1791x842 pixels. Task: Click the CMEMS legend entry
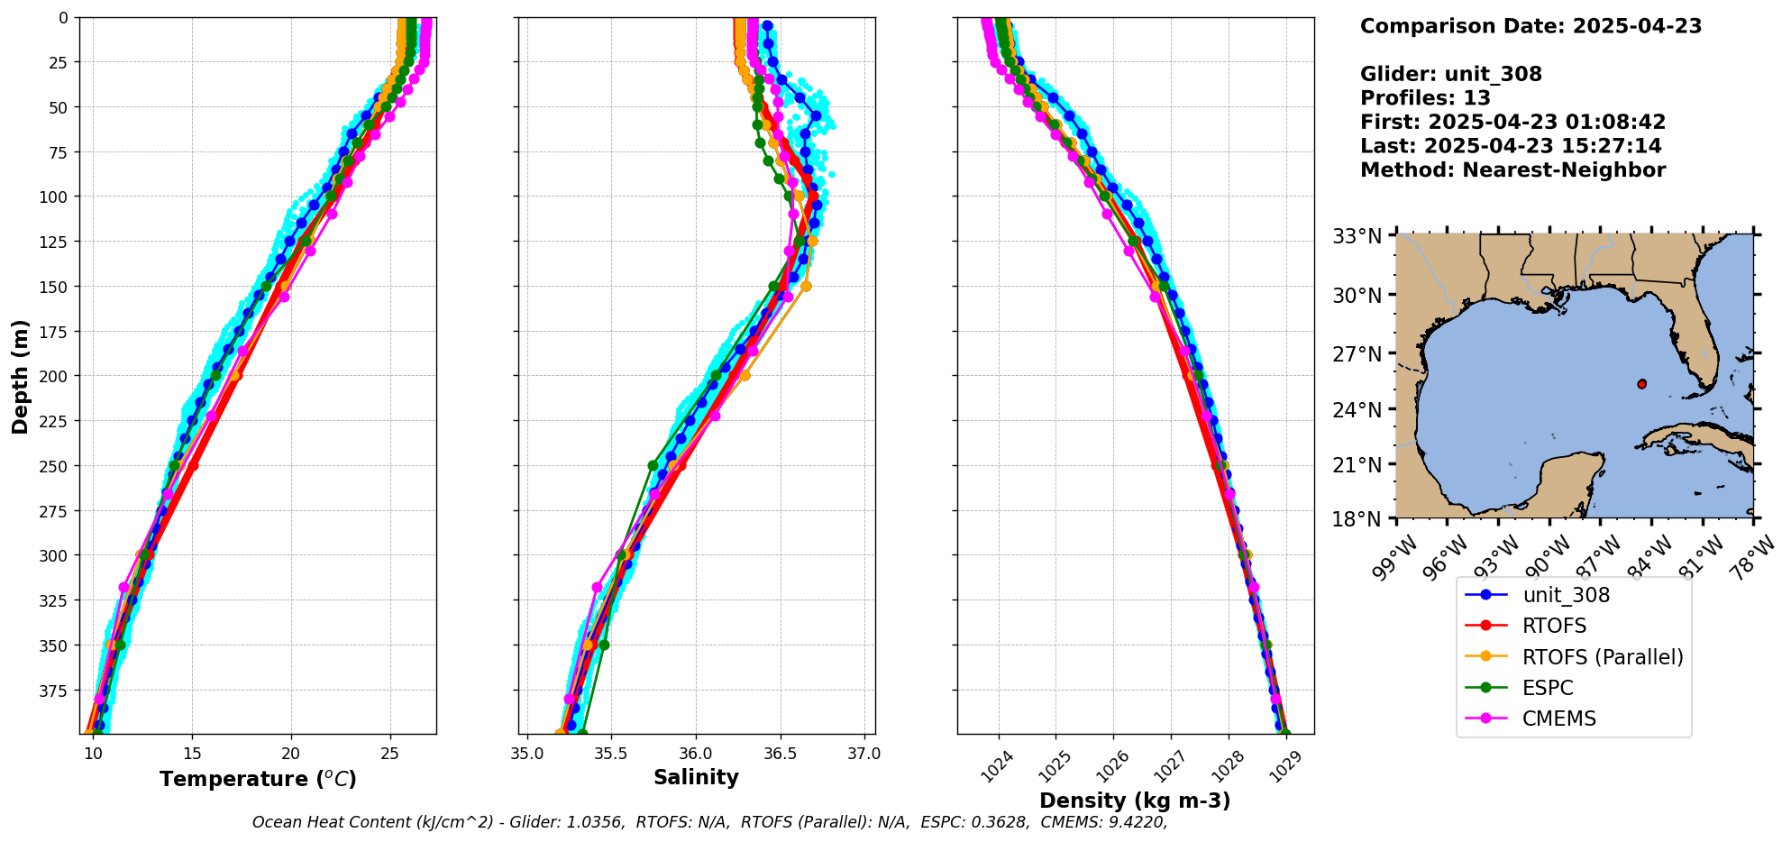[1558, 718]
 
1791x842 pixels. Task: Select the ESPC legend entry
[1547, 688]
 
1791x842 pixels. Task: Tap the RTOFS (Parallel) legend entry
[1602, 657]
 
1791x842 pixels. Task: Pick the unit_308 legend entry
[1565, 595]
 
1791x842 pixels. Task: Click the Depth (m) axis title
[20, 376]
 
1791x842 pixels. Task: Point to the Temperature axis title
[258, 779]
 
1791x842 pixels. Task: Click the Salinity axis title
[696, 777]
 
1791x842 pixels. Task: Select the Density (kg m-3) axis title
[1135, 801]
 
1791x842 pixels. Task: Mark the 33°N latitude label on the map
[1357, 236]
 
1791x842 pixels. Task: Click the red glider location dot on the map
[1641, 384]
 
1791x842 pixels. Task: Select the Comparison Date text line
[1531, 26]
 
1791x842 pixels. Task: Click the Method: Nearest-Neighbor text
[1512, 170]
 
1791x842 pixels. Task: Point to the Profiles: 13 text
[1425, 98]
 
